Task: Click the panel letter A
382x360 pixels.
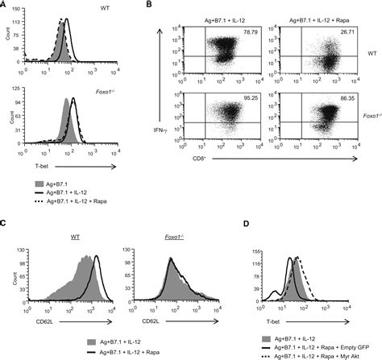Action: [x=5, y=6]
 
